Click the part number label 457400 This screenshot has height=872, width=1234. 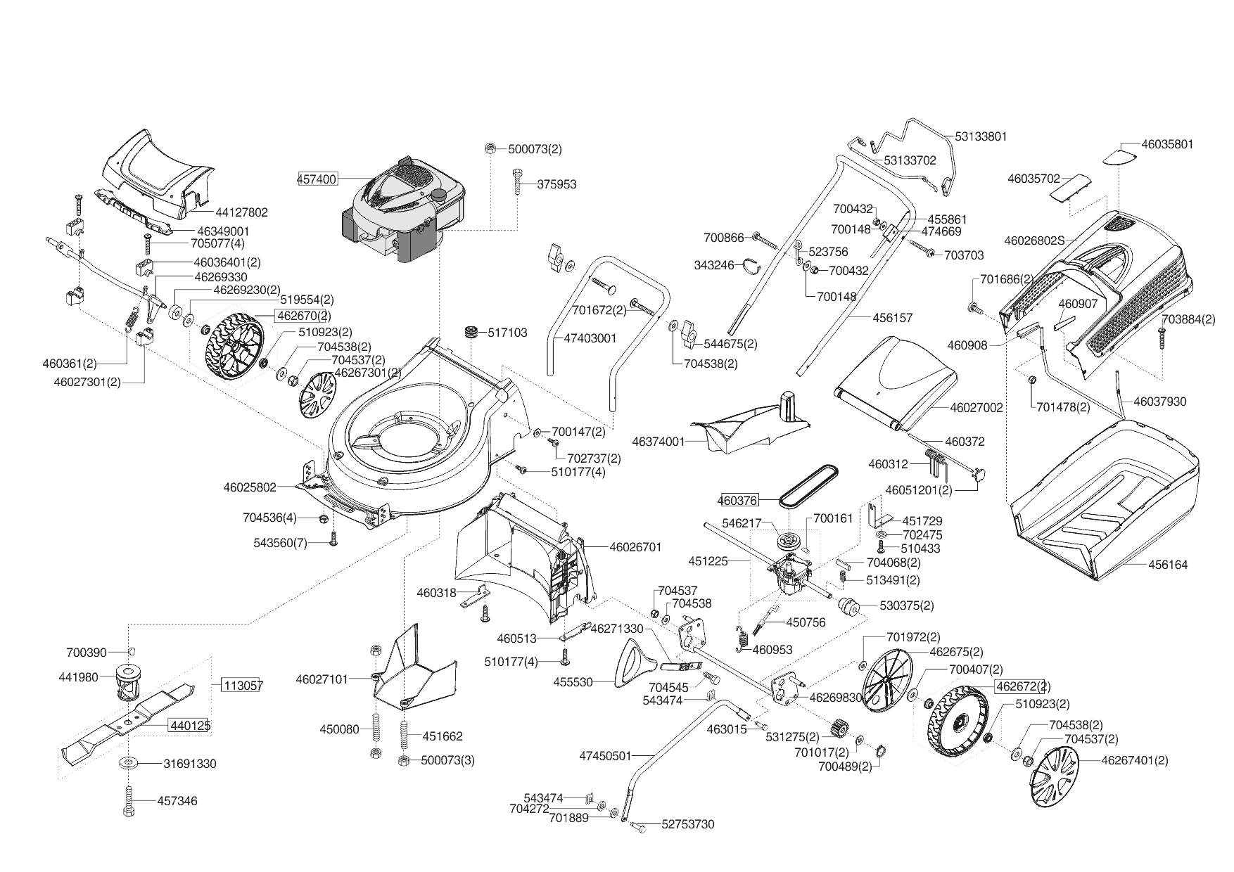317,179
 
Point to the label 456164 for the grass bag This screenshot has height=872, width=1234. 1167,565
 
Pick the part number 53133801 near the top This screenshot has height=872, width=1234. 981,136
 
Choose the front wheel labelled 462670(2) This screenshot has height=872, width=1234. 233,350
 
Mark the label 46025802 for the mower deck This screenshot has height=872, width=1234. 250,487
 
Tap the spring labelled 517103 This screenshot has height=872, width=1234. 470,332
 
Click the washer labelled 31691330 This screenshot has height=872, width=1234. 190,764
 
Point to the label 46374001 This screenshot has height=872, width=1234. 658,442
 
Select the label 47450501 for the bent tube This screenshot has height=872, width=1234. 605,756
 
